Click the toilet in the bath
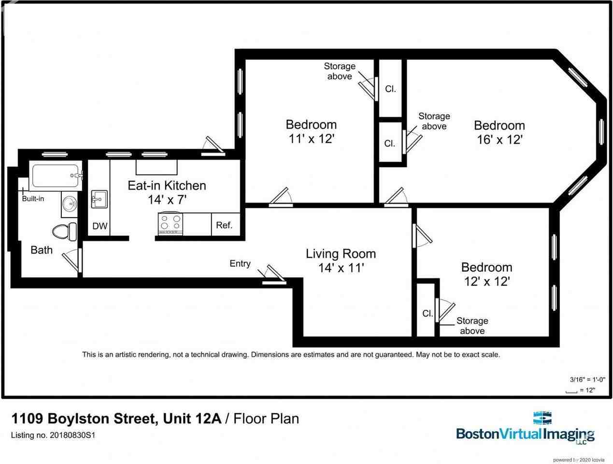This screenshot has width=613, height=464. tap(65, 231)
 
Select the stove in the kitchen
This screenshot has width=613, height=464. tap(170, 223)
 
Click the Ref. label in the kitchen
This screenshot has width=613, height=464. tap(224, 225)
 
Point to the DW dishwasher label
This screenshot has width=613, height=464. tap(100, 226)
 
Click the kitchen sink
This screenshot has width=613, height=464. tap(100, 199)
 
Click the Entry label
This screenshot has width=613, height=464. tap(240, 263)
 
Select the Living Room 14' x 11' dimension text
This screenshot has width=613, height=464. tap(341, 268)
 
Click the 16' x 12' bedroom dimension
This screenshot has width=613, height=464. tap(499, 139)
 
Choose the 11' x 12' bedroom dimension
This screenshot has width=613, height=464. tap(312, 138)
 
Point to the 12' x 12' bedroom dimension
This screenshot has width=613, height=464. tap(486, 281)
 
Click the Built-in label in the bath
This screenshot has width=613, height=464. tap(33, 199)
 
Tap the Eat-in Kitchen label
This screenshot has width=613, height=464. tap(167, 186)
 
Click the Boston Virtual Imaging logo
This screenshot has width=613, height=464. tap(525, 427)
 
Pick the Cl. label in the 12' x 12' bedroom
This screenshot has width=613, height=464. tap(428, 314)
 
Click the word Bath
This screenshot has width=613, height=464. tap(42, 250)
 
